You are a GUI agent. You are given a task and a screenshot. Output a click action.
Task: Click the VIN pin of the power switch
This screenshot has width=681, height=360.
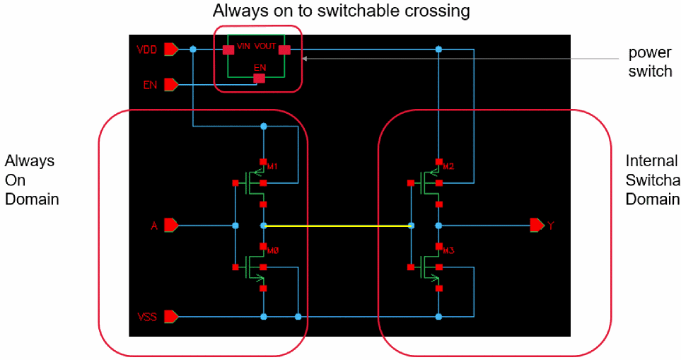coord(228,50)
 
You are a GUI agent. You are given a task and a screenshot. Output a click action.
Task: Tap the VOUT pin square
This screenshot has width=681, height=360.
coord(284,50)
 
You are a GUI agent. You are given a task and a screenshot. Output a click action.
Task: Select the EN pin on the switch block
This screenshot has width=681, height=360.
coord(260,78)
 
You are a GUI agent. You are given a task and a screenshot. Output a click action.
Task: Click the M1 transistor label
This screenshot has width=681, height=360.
coord(273,166)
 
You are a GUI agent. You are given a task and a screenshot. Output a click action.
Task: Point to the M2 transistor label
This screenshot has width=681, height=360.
coord(449,166)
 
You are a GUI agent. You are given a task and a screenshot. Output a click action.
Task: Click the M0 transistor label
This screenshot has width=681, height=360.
coord(273,250)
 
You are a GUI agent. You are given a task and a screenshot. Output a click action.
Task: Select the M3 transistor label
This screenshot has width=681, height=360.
coord(449,250)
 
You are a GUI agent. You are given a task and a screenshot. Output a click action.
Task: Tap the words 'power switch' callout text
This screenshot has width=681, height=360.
coord(649,62)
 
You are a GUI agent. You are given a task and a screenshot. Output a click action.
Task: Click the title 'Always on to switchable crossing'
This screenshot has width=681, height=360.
coord(342,11)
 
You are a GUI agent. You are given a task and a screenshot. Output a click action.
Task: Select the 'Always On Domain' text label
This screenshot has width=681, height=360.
coord(32,180)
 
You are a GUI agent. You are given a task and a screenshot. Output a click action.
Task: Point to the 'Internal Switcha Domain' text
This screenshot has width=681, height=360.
coord(652,180)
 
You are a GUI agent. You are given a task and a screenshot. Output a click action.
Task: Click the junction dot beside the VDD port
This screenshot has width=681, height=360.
coord(192,50)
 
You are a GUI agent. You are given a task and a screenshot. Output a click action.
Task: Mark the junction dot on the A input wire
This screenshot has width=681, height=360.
coord(235,226)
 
